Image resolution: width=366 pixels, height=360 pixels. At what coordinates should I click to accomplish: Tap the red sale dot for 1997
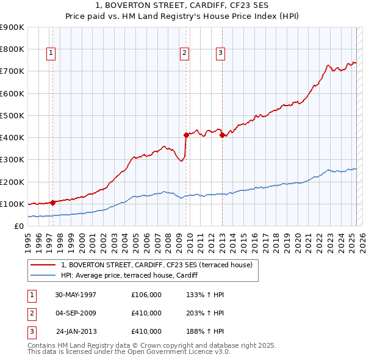(53, 202)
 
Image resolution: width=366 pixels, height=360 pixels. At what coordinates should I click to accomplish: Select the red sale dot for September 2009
(185, 135)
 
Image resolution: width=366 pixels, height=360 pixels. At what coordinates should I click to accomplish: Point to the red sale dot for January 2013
(222, 135)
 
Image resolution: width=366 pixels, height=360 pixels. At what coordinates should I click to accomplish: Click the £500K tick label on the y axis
(12, 115)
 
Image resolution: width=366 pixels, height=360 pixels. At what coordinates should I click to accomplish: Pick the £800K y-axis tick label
(12, 49)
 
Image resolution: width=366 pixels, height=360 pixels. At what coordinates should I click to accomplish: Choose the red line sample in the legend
(43, 265)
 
